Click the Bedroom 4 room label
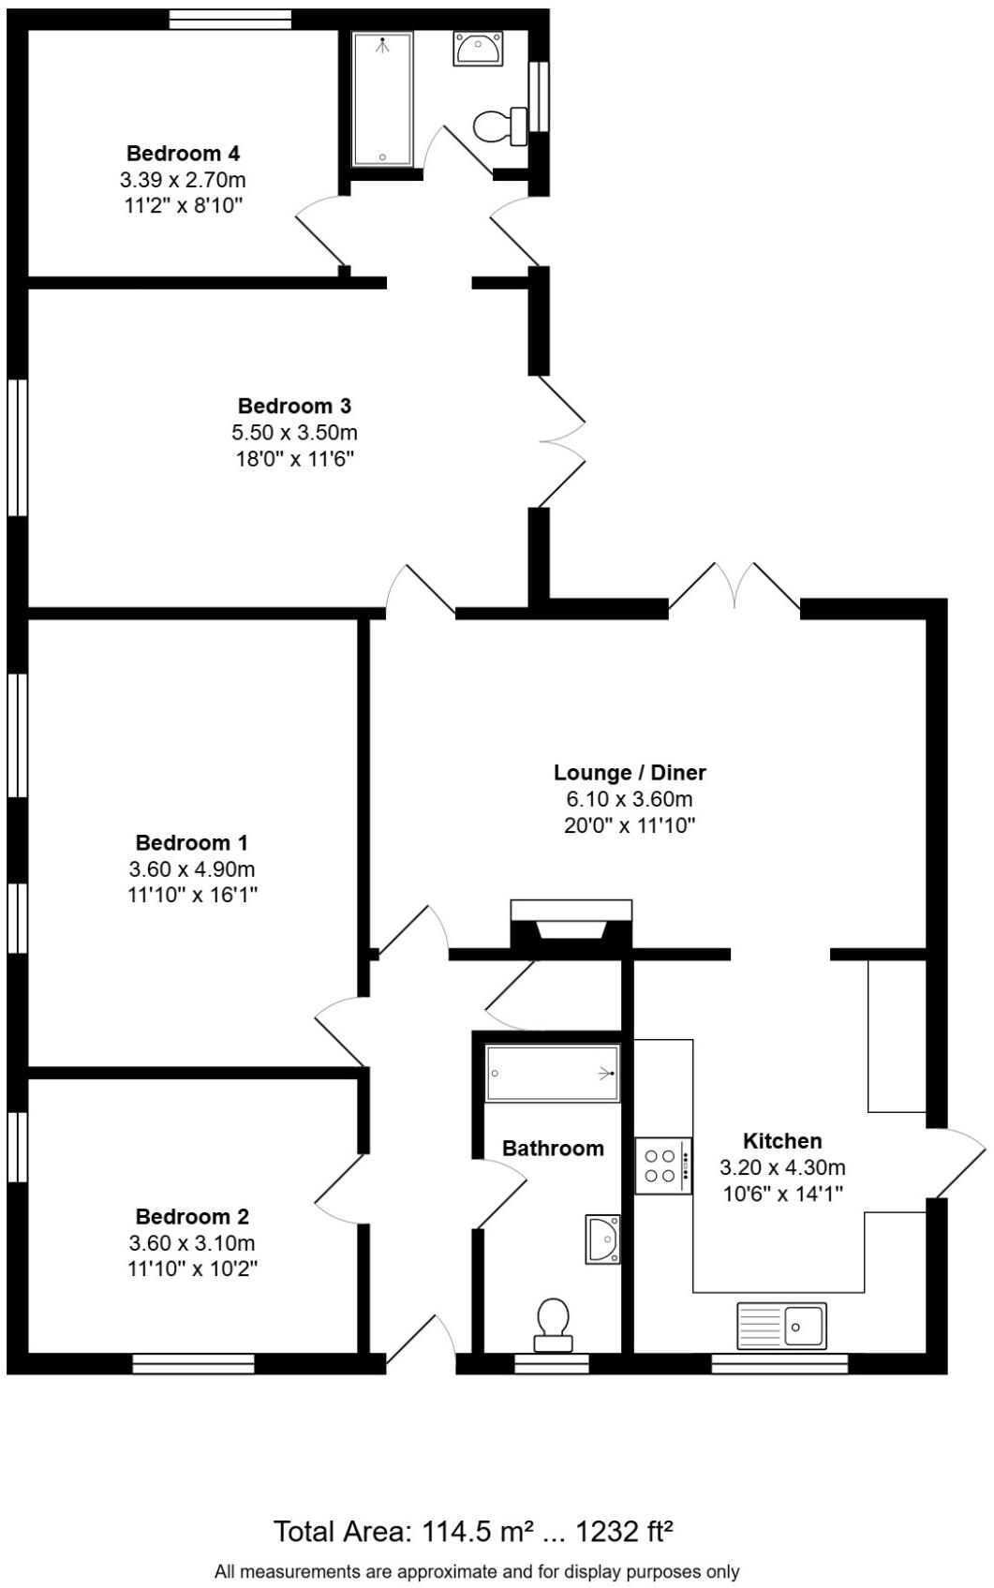[x=184, y=153]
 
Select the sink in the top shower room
[x=479, y=48]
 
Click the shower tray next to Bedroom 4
[x=382, y=99]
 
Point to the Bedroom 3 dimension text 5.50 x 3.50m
[x=294, y=433]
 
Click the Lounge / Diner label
[x=629, y=773]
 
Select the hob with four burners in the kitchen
[x=663, y=1165]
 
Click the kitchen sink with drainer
[x=781, y=1326]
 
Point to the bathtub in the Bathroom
[x=553, y=1074]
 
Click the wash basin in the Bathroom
[x=603, y=1239]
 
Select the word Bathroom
[x=553, y=1149]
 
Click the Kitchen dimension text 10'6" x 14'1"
[x=781, y=1194]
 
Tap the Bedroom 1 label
[x=191, y=842]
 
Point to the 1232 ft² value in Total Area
[x=624, y=1532]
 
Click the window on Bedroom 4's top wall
[x=230, y=20]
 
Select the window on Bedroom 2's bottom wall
[x=193, y=1363]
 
